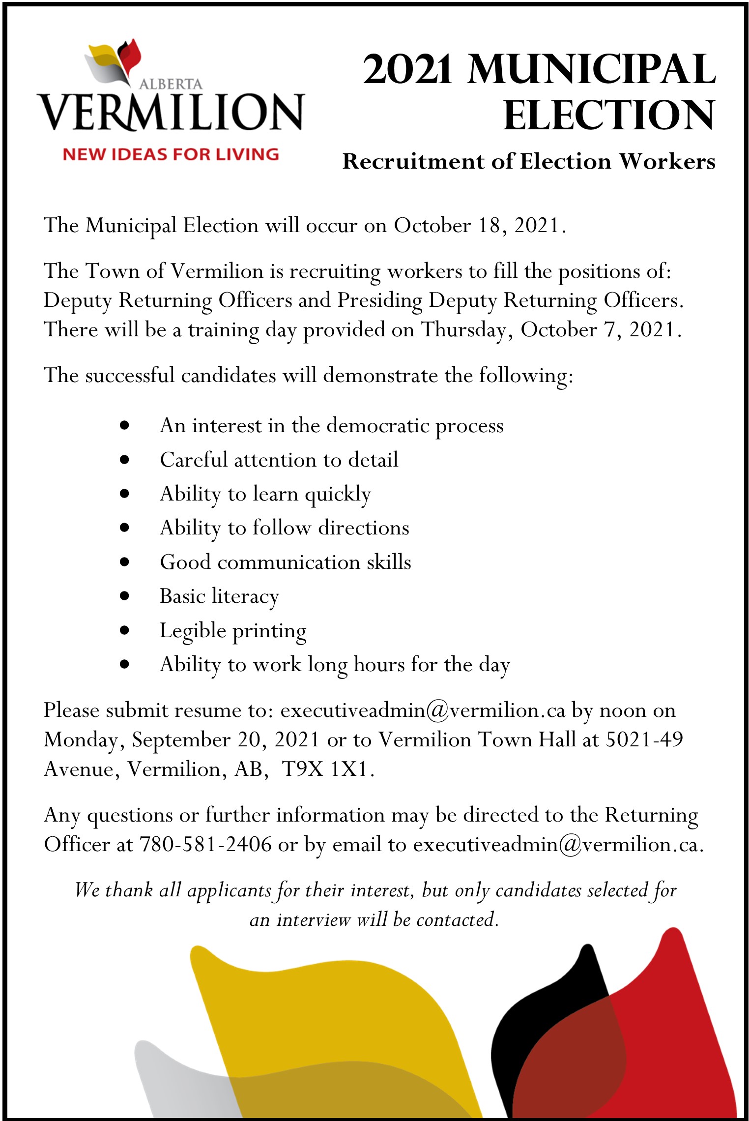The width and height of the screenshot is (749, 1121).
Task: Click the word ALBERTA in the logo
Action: (171, 84)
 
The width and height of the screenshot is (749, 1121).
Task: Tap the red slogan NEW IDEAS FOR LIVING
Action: (171, 154)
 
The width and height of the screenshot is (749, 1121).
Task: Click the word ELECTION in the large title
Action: (609, 116)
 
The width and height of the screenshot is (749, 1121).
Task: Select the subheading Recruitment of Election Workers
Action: (529, 161)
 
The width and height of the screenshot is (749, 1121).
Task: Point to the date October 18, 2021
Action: (480, 226)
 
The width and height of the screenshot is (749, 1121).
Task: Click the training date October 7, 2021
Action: (601, 329)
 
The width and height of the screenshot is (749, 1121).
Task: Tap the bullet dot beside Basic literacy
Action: (124, 596)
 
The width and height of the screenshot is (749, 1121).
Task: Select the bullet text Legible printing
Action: (233, 631)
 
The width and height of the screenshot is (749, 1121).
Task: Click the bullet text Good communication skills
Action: (286, 562)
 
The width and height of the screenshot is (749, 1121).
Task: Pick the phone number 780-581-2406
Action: (206, 844)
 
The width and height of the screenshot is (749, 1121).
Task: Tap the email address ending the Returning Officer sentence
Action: (558, 844)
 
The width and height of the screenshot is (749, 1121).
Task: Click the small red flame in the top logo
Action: (133, 55)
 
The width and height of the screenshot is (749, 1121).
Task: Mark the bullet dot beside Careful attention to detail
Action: (124, 460)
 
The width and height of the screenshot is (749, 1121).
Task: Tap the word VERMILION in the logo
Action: (171, 112)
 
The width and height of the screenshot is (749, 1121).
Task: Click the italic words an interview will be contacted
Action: (374, 919)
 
